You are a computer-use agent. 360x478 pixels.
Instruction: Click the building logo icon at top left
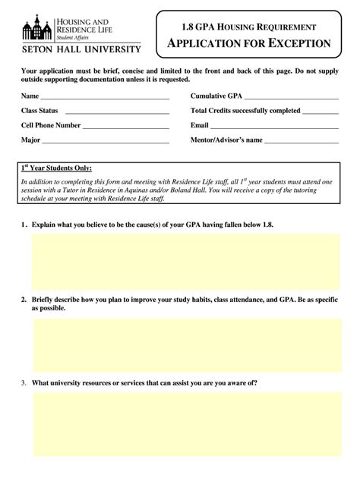click(37, 27)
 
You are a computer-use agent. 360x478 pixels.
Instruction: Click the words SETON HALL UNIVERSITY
click(80, 49)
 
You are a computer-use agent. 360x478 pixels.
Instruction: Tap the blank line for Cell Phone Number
click(126, 127)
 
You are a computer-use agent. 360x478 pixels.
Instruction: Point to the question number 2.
click(24, 299)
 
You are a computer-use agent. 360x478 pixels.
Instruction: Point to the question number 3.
click(24, 382)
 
